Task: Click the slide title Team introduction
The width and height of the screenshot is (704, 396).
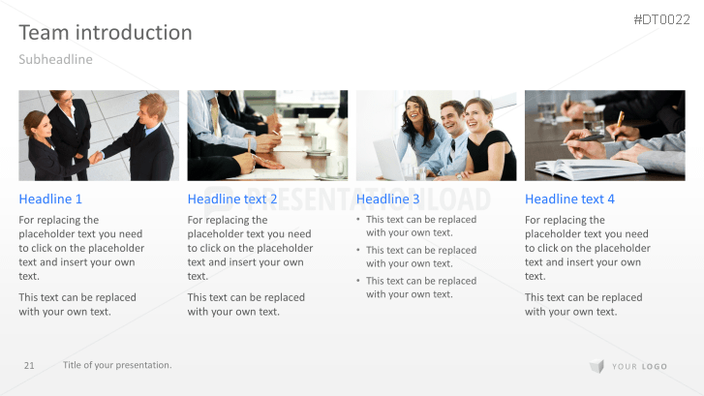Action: (x=106, y=33)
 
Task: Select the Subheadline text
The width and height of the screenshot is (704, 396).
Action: (x=55, y=59)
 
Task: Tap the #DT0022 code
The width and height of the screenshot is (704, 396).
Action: (x=661, y=19)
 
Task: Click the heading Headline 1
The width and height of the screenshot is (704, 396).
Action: (x=50, y=198)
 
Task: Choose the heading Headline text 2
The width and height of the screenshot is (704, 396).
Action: (x=232, y=198)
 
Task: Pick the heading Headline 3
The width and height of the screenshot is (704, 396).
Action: (x=388, y=198)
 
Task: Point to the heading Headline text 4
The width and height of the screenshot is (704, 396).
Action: (x=569, y=198)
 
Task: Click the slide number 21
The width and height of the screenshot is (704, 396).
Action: (x=29, y=365)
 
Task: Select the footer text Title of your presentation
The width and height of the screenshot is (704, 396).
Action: (x=117, y=365)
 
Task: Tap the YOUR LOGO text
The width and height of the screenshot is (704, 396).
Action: (x=639, y=366)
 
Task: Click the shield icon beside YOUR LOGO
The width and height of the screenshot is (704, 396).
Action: (x=597, y=366)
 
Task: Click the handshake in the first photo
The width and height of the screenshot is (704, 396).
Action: (x=96, y=157)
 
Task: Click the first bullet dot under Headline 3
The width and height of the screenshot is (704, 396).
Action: (x=358, y=220)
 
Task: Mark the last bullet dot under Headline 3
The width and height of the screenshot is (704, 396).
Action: (x=358, y=281)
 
